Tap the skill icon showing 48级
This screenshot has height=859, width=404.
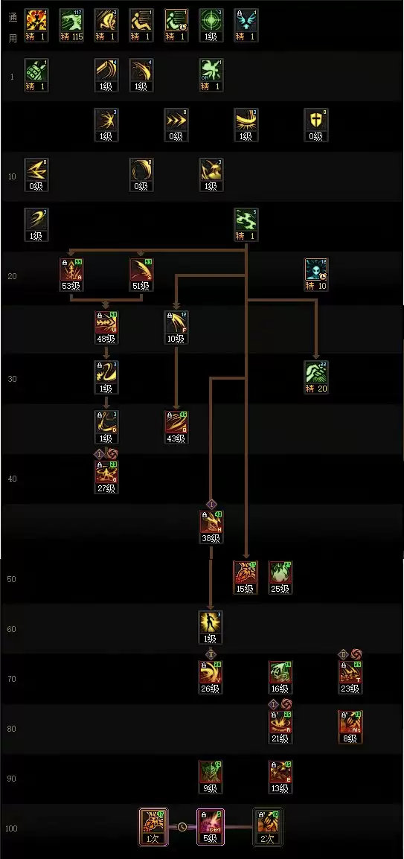point(106,322)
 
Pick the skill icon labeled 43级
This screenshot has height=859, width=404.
point(176,422)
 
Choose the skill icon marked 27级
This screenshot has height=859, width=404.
point(106,473)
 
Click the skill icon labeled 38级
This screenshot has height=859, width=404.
point(211,523)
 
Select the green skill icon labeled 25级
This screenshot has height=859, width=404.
point(280,572)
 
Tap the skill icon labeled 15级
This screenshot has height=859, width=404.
point(245,572)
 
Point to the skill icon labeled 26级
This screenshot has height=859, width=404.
point(211,672)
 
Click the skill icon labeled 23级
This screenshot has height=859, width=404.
point(350,672)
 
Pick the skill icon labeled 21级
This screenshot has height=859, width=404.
point(280,722)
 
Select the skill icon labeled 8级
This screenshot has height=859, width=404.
point(350,722)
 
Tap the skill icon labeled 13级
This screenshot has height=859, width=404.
point(280,772)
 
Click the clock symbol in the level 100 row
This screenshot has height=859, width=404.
point(182,826)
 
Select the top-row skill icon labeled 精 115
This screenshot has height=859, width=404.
point(71,21)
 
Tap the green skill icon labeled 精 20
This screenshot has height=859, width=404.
point(315,372)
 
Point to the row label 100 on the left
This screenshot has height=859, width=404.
point(13,828)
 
